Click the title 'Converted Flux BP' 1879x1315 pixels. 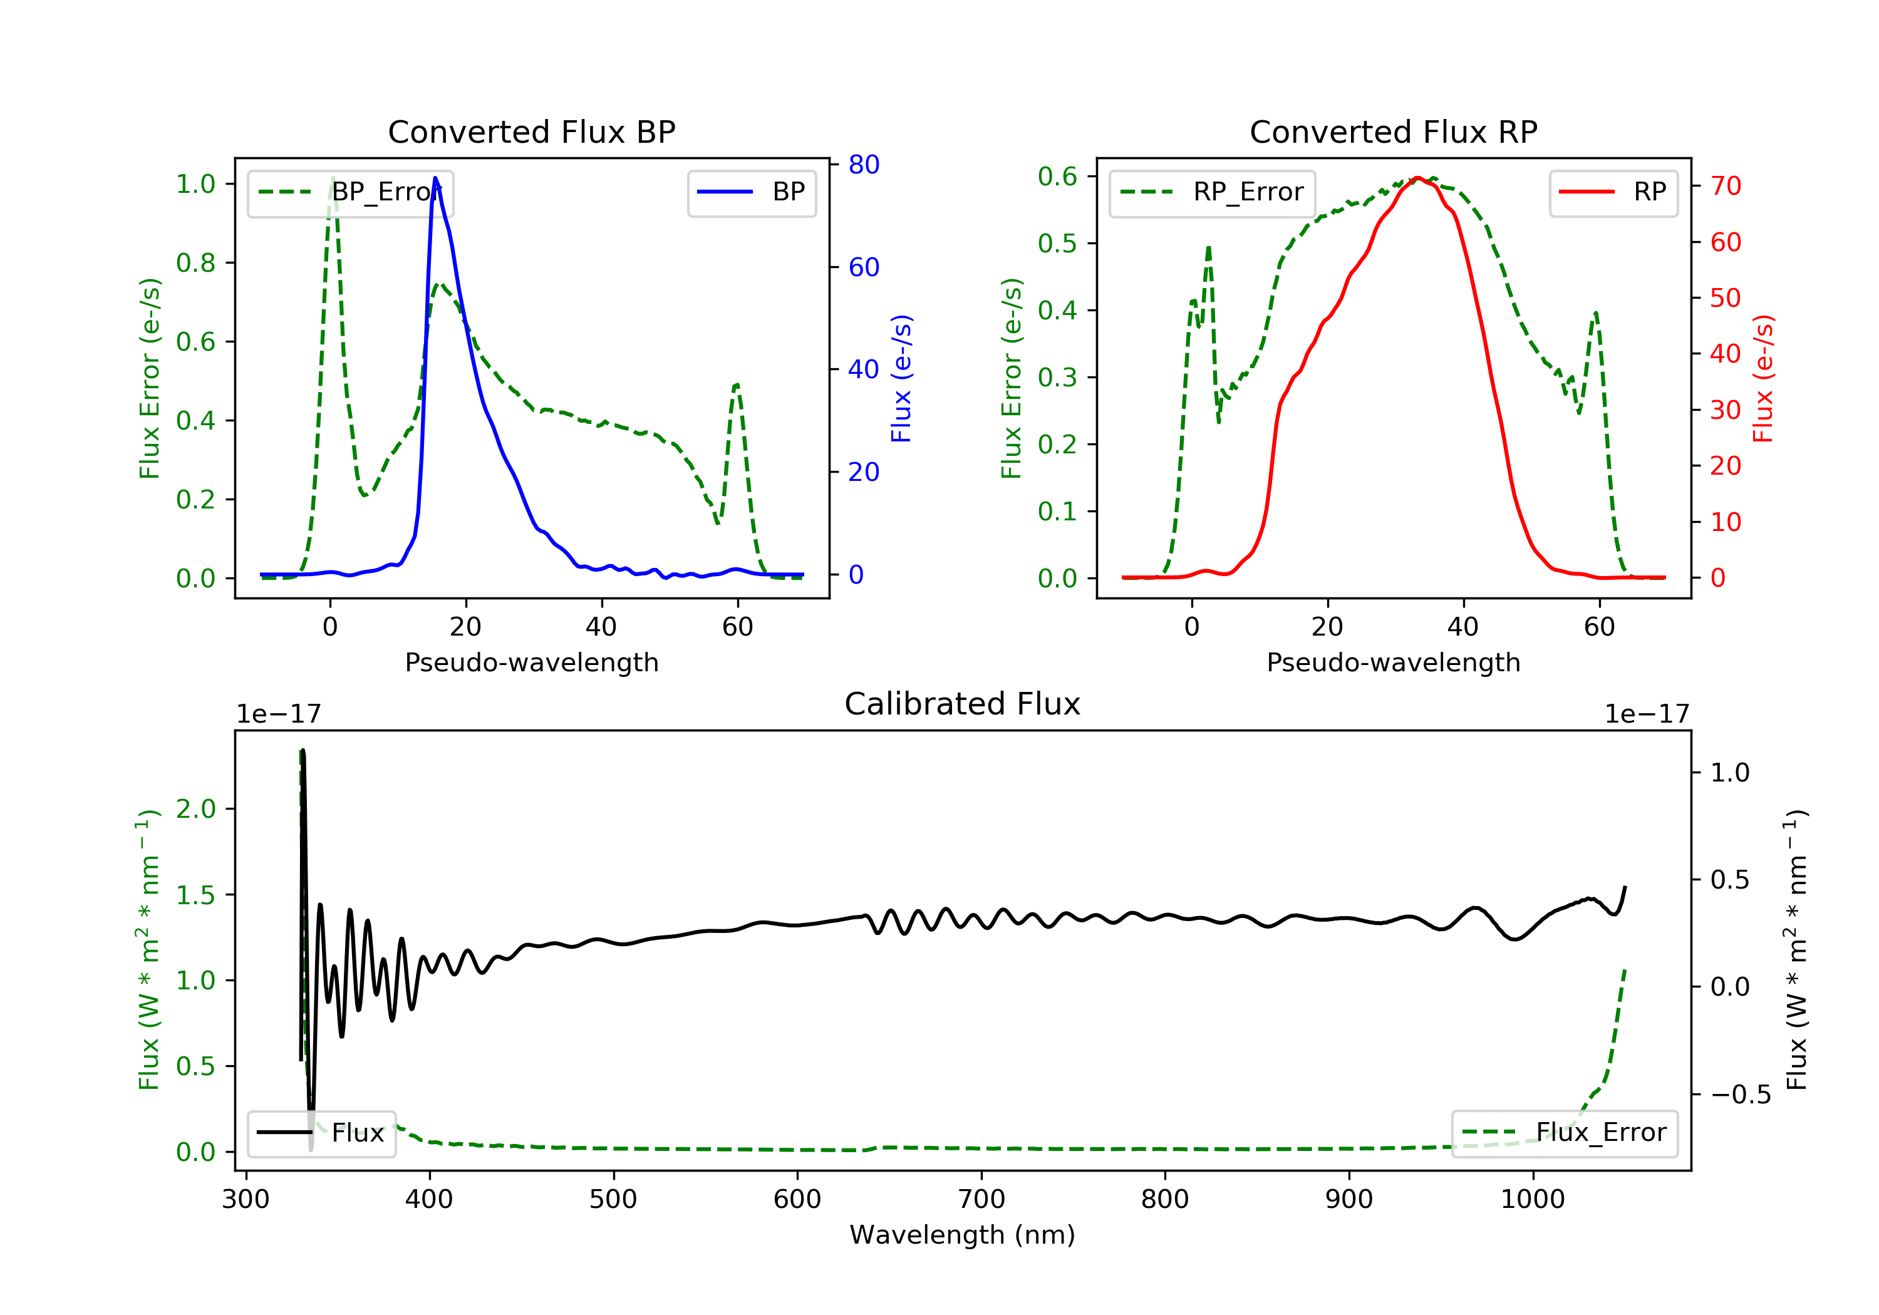pos(531,131)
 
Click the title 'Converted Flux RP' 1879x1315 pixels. pos(1393,131)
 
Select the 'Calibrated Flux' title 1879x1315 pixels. pos(963,704)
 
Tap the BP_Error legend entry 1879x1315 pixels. pos(350,192)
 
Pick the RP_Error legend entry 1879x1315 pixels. pos(1212,192)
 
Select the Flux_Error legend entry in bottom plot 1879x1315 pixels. pos(1564,1133)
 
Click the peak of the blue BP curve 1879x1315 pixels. pos(435,178)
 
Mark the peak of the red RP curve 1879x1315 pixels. pos(1417,178)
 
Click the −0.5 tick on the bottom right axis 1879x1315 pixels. pos(1741,1095)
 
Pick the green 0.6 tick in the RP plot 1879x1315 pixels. pos(1057,176)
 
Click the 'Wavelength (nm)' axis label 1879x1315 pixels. pos(963,1234)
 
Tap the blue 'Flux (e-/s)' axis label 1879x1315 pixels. pos(901,378)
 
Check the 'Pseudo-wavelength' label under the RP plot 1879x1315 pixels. pos(1393,662)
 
